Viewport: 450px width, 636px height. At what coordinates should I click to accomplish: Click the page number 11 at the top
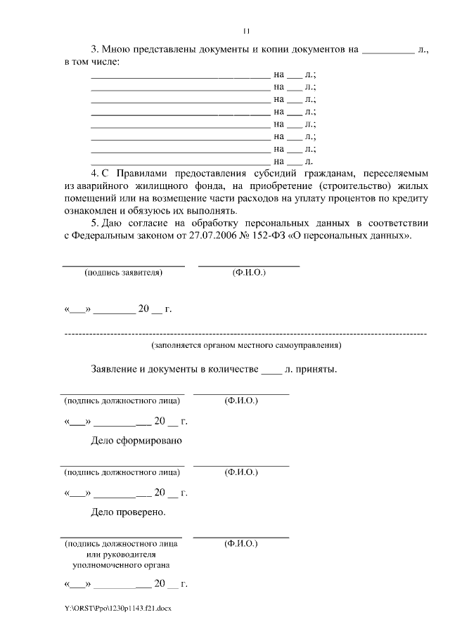[x=246, y=30]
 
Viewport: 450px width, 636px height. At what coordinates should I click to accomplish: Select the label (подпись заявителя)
[x=123, y=272]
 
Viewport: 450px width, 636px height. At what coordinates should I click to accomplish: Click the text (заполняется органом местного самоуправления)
[x=246, y=346]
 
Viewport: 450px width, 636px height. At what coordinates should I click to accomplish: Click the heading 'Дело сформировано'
[x=136, y=441]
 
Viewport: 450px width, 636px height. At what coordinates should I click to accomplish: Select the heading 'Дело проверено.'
[x=129, y=512]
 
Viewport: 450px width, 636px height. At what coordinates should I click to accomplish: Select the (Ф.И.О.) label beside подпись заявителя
[x=249, y=272]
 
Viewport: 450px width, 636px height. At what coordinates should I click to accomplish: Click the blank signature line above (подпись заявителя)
[x=124, y=265]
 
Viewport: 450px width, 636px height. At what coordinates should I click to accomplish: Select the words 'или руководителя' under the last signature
[x=120, y=554]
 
